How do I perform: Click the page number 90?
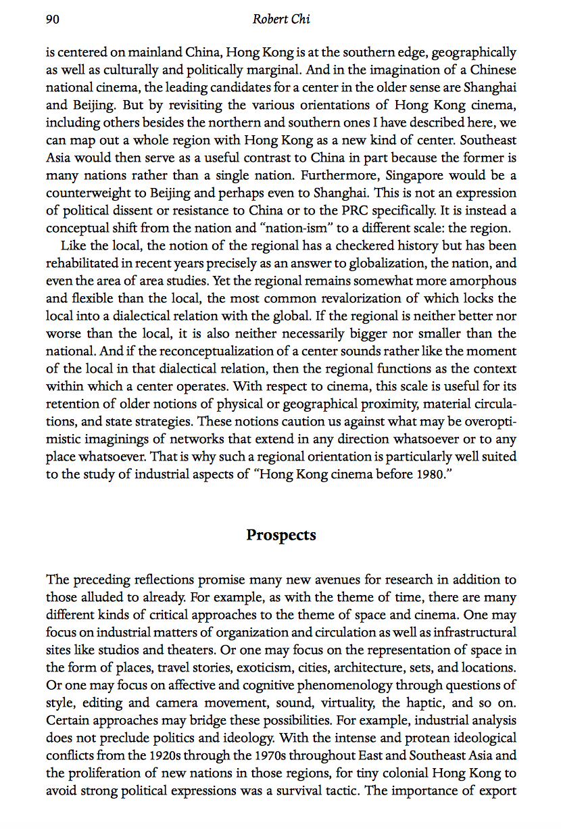click(x=53, y=20)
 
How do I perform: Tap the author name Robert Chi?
click(x=280, y=20)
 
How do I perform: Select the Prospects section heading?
click(x=280, y=536)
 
